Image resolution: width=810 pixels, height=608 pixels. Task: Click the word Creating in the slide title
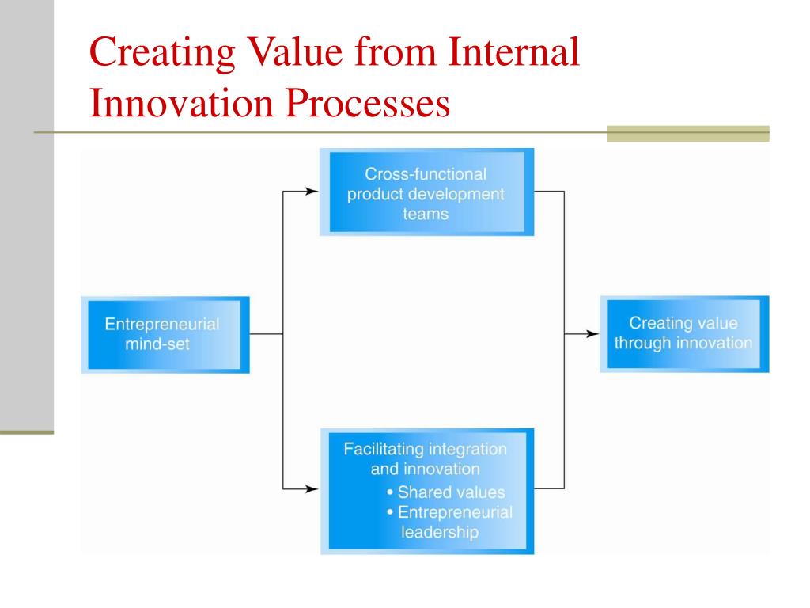tap(162, 53)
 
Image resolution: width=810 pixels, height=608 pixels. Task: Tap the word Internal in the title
tap(513, 51)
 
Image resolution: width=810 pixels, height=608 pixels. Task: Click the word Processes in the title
tap(367, 102)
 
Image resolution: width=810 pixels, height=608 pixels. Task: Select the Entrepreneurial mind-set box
tap(165, 335)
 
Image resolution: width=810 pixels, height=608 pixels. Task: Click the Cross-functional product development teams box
tap(426, 192)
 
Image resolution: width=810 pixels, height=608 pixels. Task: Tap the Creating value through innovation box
tap(684, 334)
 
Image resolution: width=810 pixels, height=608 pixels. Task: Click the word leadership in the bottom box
tap(440, 532)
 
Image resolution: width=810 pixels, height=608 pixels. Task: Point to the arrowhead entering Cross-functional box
tap(312, 192)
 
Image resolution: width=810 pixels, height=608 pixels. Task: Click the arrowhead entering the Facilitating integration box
tap(312, 488)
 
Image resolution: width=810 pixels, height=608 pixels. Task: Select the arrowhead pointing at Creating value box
tap(592, 334)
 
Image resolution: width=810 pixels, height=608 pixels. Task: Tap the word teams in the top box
tap(426, 214)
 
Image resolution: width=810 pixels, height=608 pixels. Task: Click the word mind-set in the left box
tap(157, 344)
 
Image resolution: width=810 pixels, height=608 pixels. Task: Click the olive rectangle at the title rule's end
tap(688, 133)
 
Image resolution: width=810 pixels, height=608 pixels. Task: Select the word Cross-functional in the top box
tap(426, 173)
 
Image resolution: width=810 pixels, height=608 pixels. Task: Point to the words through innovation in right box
tap(683, 343)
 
